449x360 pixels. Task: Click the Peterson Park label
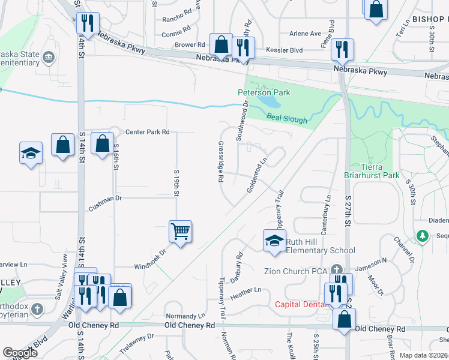(264, 92)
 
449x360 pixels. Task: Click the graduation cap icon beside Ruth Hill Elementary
(274, 241)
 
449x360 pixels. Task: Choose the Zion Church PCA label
(295, 271)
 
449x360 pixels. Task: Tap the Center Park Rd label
(148, 131)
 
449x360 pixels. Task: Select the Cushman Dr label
(105, 206)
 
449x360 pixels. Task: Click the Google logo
(20, 353)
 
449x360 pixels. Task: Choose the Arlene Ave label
(306, 34)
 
